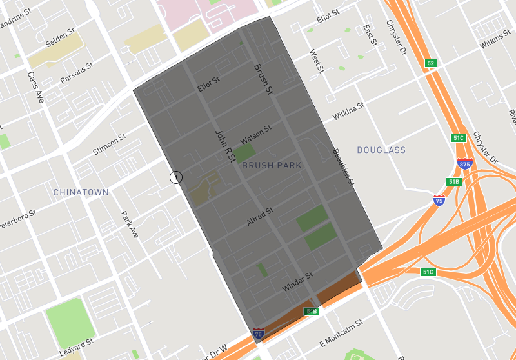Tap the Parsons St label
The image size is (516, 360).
pyautogui.click(x=77, y=73)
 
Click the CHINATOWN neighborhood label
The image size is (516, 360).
pyautogui.click(x=81, y=192)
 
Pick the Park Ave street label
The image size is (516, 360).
pyautogui.click(x=130, y=224)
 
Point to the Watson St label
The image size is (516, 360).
pyautogui.click(x=256, y=135)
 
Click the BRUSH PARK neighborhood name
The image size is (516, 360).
pyautogui.click(x=272, y=166)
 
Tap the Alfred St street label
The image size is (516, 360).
pyautogui.click(x=261, y=217)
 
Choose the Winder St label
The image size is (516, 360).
pyautogui.click(x=297, y=282)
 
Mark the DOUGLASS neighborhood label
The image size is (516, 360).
pyautogui.click(x=381, y=150)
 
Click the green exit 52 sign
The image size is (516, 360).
pyautogui.click(x=431, y=63)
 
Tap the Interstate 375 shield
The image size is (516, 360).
pyautogui.click(x=464, y=164)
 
